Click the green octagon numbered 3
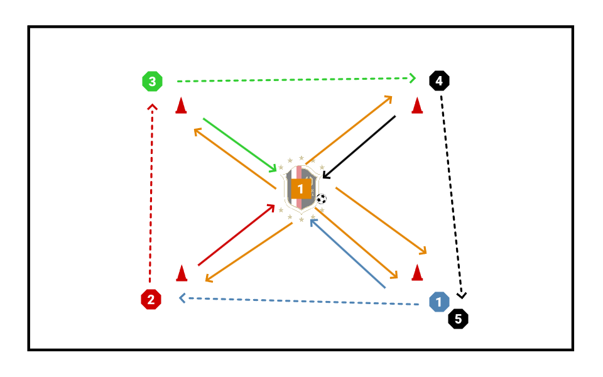152,81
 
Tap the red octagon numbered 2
151,300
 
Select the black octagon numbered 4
439,80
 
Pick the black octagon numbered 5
458,319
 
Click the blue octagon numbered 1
439,301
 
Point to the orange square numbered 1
301,188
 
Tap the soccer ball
322,199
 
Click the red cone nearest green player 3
181,106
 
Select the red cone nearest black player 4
416,106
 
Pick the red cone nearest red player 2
182,273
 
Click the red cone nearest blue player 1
416,273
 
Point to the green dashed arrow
295,79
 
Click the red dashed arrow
151,195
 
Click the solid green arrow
239,144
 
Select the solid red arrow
236,235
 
